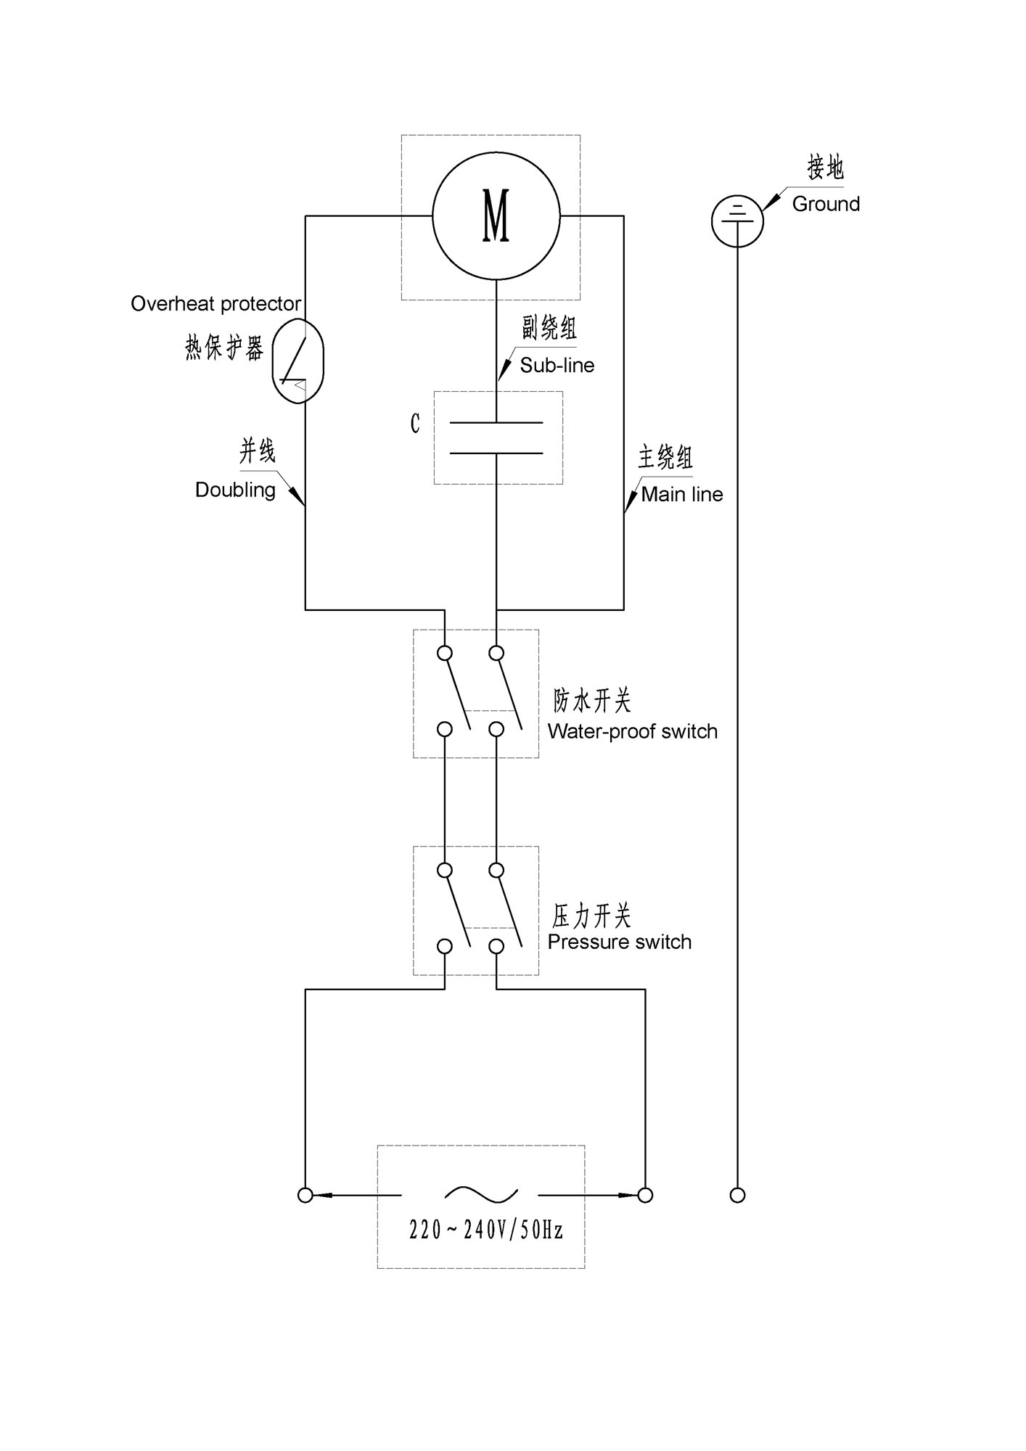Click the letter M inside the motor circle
[496, 215]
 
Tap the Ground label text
[826, 204]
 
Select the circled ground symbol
[737, 221]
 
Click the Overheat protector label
[216, 303]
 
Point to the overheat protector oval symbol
[297, 361]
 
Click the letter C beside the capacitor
[415, 424]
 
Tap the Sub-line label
[557, 365]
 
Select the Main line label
[682, 494]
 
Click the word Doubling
[235, 490]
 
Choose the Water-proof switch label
[633, 731]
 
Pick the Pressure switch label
[620, 942]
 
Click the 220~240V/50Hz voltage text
[486, 1230]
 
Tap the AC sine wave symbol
[482, 1194]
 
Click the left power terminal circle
[305, 1195]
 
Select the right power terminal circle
[645, 1195]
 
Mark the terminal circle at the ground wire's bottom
[737, 1195]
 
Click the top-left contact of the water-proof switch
[445, 654]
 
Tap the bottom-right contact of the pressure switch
[496, 946]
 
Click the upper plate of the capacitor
[496, 422]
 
